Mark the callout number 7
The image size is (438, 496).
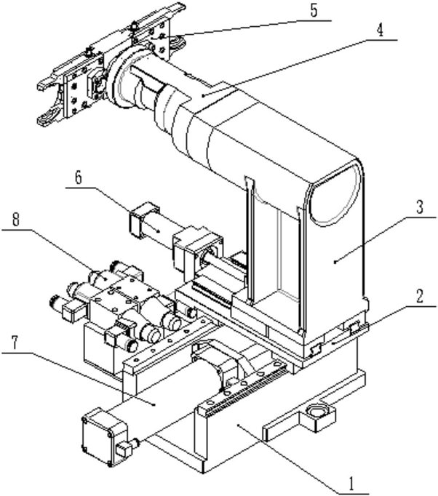click(13, 340)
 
